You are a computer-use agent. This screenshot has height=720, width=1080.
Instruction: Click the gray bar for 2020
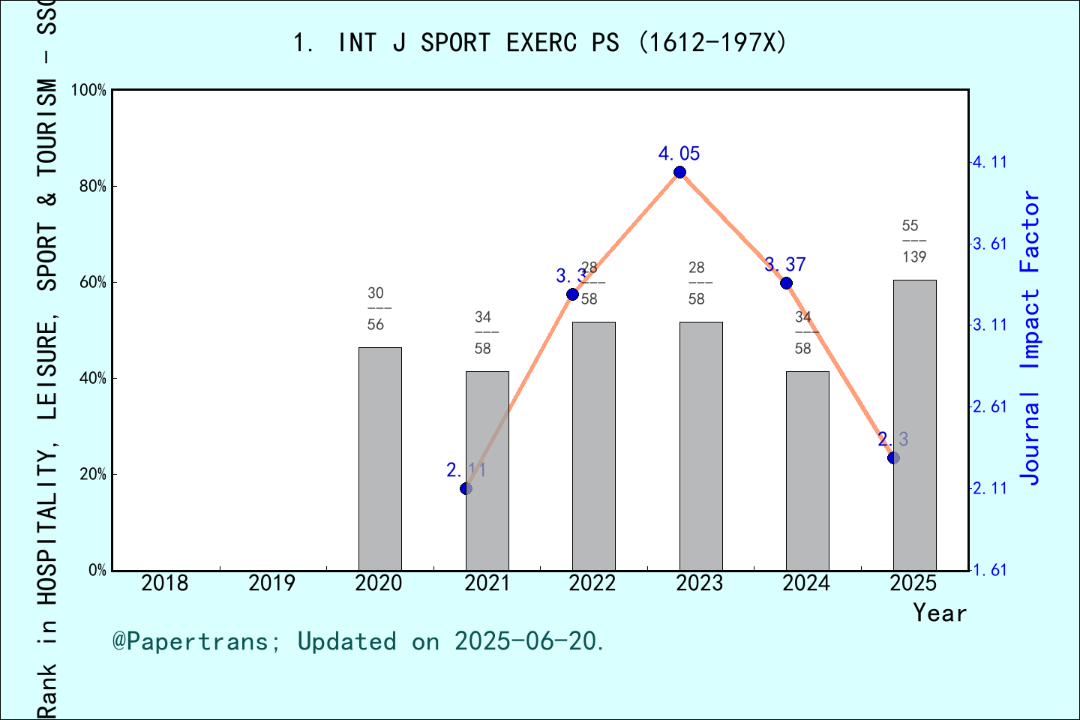[x=379, y=458]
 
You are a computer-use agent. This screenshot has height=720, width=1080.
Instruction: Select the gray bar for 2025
[x=914, y=424]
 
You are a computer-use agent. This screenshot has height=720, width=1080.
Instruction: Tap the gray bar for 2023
[x=700, y=445]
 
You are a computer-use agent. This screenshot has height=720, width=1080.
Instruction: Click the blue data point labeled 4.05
[x=679, y=172]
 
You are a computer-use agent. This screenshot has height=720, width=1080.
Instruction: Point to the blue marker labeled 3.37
[x=786, y=283]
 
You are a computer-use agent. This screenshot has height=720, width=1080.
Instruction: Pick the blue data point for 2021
[x=466, y=488]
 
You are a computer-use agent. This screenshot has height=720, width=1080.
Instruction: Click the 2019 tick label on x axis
[x=271, y=583]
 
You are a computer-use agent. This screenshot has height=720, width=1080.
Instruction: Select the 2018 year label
[x=164, y=583]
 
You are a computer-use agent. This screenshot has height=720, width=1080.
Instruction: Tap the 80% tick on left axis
[x=92, y=187]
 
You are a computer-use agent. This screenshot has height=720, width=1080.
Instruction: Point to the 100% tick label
[x=88, y=90]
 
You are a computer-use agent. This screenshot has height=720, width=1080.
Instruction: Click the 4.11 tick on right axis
[x=989, y=162]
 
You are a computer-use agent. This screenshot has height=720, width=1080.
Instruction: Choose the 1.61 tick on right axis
[x=989, y=570]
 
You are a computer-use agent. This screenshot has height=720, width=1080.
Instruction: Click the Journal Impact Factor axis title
[x=1030, y=337]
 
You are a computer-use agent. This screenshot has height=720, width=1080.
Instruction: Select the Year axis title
[x=939, y=613]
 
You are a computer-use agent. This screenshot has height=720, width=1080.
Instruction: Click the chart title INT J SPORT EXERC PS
[x=540, y=43]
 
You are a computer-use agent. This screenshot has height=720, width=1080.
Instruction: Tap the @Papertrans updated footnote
[x=358, y=641]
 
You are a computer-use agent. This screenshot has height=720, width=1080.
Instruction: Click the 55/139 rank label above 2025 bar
[x=913, y=241]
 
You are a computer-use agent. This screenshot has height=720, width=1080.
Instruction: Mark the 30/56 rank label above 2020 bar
[x=376, y=308]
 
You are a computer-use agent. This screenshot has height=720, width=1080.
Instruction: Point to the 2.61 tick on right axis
[x=989, y=406]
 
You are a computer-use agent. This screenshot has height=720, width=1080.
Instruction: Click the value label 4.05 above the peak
[x=679, y=154]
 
